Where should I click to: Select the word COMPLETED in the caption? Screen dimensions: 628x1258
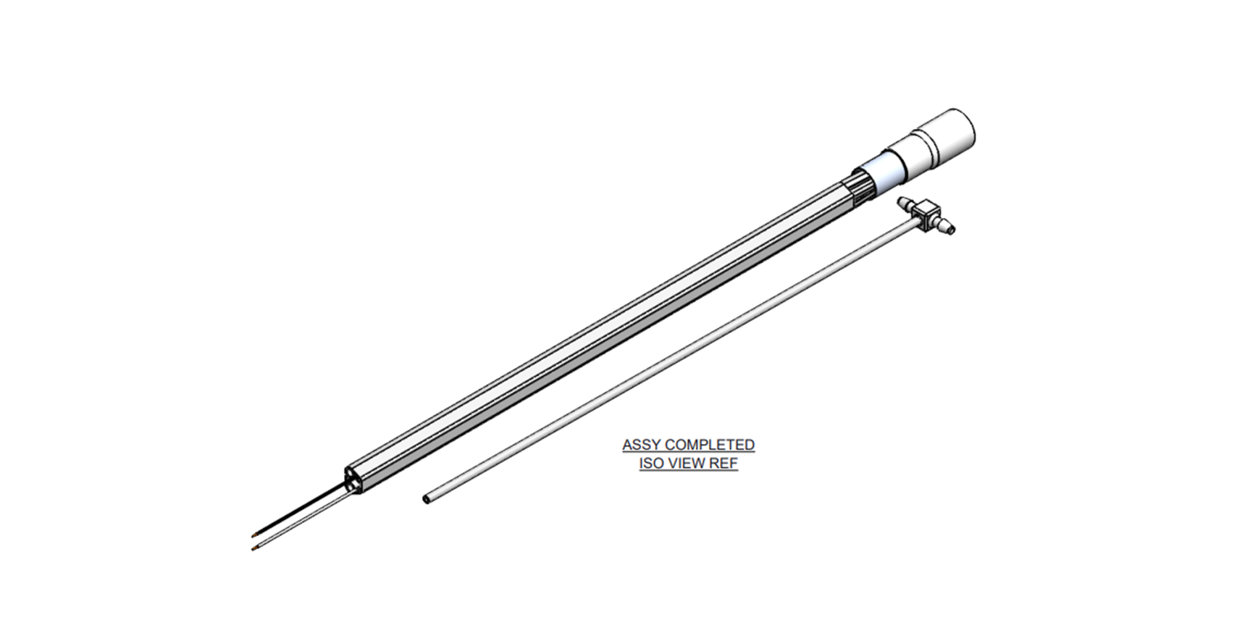[x=710, y=445]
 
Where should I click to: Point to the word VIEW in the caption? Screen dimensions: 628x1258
[x=687, y=464]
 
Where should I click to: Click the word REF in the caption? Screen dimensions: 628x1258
[x=724, y=464]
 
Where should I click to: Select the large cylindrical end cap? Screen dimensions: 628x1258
[x=945, y=138]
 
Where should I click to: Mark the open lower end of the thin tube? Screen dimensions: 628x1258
[x=427, y=499]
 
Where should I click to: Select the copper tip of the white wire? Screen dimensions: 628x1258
[x=253, y=548]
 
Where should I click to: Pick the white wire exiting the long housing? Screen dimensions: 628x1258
[x=304, y=522]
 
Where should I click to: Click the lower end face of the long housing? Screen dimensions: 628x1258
[x=353, y=480]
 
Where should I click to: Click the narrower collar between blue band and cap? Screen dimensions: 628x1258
[x=909, y=156]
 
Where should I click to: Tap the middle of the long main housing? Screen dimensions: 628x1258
[x=594, y=332]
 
